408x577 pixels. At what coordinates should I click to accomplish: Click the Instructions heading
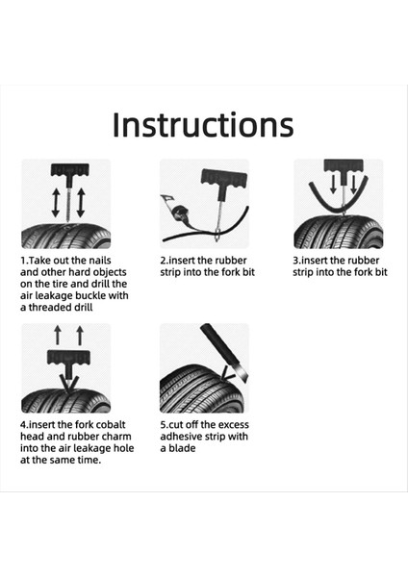203,125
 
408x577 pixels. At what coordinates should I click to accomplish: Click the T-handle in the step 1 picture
69,170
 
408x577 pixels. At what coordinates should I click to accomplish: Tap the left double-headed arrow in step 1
56,202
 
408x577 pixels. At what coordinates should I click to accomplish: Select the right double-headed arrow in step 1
81,202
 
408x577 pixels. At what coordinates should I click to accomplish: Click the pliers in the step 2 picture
176,208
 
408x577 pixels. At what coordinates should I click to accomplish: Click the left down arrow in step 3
333,184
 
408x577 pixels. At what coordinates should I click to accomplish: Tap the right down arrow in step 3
353,184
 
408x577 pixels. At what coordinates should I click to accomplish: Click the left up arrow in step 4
58,335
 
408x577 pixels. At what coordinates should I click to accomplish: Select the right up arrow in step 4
80,335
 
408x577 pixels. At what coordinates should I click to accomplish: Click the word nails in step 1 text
99,261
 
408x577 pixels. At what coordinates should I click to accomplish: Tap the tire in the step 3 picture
339,231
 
